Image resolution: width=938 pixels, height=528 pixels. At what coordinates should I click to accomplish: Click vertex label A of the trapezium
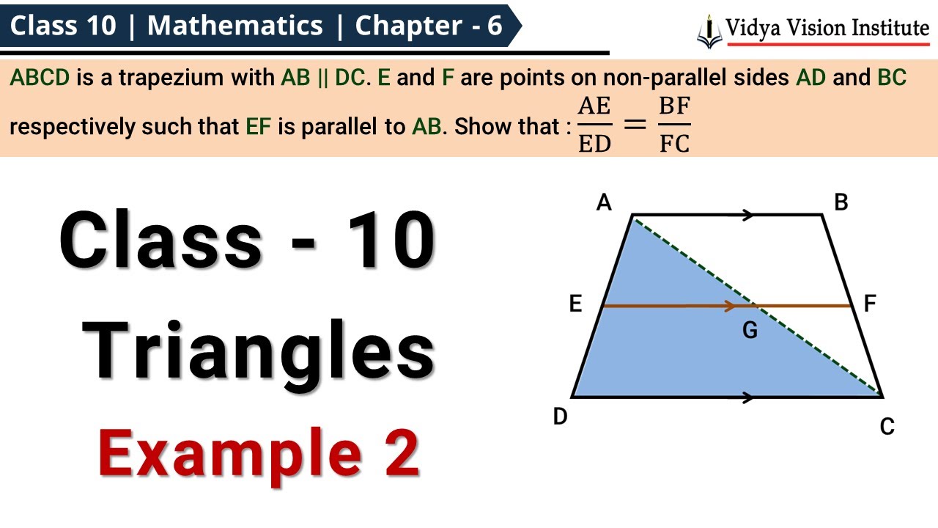(604, 202)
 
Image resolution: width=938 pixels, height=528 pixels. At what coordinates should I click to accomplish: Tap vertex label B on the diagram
(841, 202)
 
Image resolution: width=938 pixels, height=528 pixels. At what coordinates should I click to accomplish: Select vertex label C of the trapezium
(887, 427)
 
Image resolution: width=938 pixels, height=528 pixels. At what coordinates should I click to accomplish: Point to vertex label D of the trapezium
(561, 417)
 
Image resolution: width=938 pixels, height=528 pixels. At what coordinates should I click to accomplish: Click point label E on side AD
(576, 304)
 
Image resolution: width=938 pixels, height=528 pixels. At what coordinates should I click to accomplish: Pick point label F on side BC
(871, 304)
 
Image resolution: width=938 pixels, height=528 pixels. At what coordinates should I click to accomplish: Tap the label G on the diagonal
(750, 331)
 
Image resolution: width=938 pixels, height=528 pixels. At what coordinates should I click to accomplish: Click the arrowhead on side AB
(747, 215)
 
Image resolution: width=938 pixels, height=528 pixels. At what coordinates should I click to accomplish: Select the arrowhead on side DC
(747, 397)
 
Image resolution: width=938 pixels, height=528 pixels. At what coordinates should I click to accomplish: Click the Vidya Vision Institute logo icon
(709, 31)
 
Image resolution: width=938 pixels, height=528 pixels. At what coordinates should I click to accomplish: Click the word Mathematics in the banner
(234, 26)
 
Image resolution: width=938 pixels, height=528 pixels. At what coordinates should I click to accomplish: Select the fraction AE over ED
(594, 125)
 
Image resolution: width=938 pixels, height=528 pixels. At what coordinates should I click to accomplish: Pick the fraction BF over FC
(674, 125)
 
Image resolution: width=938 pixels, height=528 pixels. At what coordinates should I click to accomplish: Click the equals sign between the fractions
(634, 125)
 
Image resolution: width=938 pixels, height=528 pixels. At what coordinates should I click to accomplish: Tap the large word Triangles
(258, 352)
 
